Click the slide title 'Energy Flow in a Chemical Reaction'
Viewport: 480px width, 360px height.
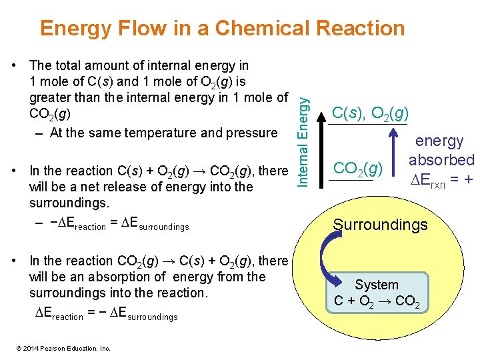222,28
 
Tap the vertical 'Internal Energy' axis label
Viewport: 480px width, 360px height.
303,131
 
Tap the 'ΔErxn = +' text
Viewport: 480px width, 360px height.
441,179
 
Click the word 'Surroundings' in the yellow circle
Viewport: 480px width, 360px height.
381,225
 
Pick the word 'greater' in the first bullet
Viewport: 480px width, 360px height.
53,97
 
